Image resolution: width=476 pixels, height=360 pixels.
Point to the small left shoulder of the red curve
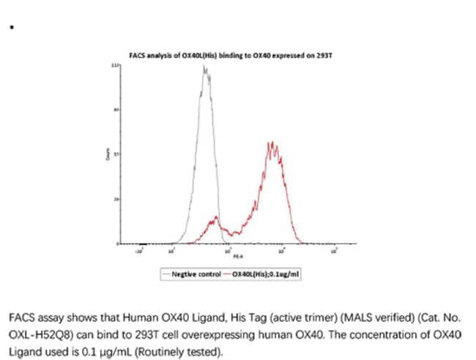pos(215,218)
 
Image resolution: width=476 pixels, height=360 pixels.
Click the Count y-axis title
pos(108,155)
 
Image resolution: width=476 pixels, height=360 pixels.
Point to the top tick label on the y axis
pos(114,66)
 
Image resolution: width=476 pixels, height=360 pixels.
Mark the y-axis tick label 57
pos(115,155)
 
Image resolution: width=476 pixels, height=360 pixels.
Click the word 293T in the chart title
pos(314,56)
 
